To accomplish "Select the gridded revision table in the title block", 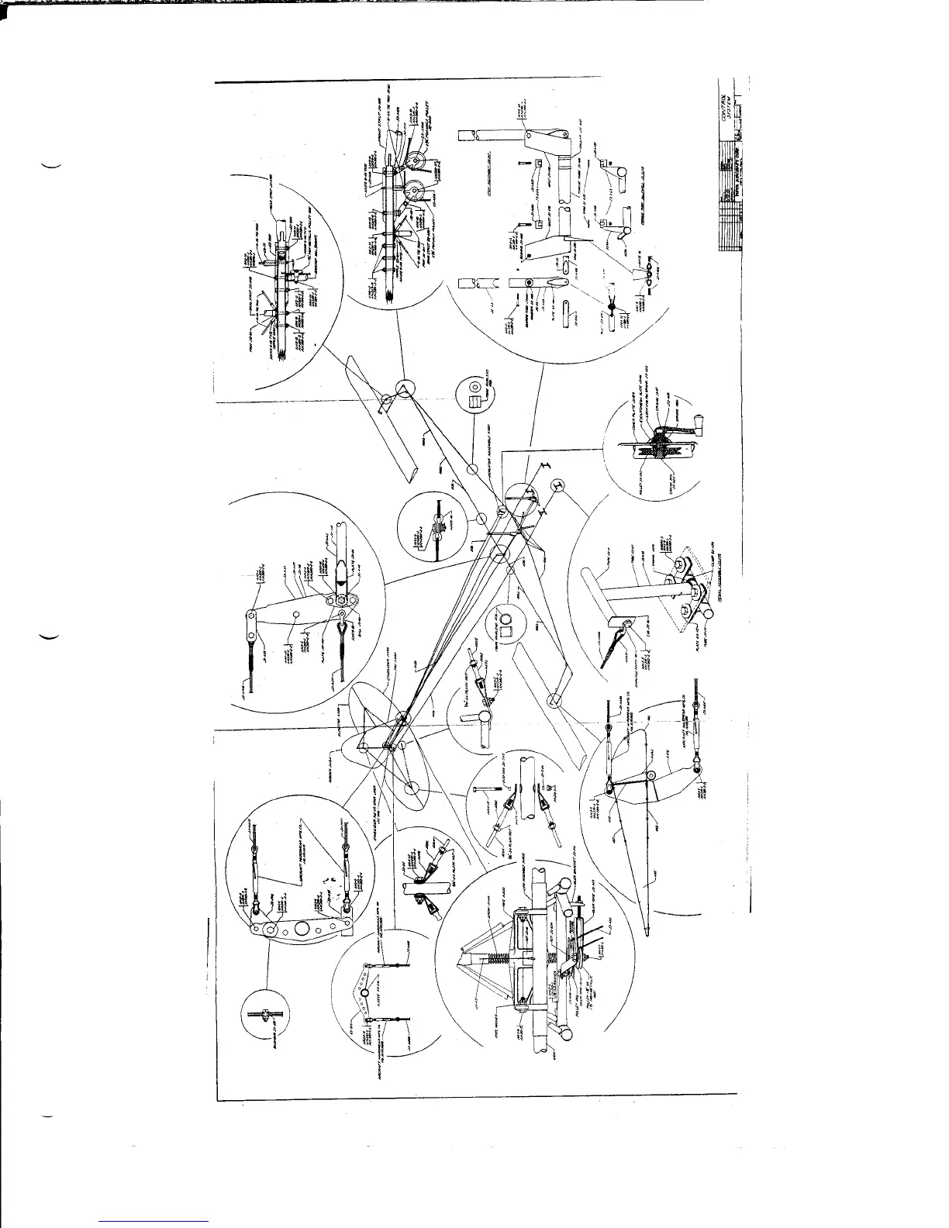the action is click(725, 209).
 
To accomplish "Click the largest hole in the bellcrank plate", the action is click(271, 930).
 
